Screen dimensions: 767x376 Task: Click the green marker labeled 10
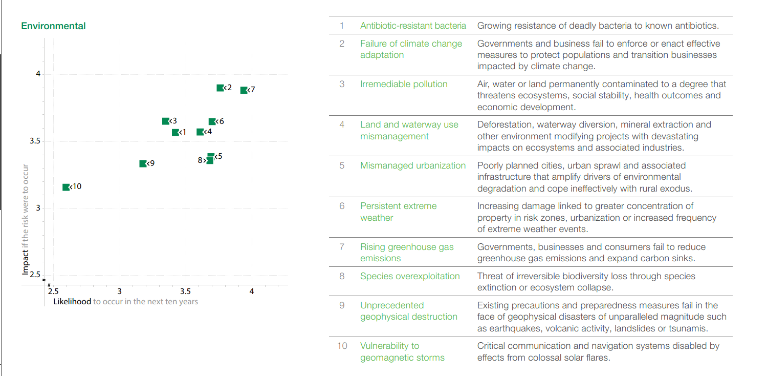65,187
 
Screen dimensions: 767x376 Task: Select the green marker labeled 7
244,90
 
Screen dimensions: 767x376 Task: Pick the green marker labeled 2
220,88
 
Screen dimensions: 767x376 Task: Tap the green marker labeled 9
143,164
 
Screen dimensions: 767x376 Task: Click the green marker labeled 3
165,121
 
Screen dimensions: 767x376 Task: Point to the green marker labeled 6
212,122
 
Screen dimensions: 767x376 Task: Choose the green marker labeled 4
200,132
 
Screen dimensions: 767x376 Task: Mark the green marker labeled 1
175,132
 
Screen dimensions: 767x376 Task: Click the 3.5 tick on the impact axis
35,141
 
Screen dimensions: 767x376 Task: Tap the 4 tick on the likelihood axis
252,291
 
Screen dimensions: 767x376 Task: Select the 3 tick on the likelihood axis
120,291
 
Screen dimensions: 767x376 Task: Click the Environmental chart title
53,26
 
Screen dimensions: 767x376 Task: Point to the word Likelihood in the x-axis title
72,302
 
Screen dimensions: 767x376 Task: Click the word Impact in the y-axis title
26,263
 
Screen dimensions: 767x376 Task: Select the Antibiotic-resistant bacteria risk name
413,26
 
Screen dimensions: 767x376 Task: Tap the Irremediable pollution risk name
404,85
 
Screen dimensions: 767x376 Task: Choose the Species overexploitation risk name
410,276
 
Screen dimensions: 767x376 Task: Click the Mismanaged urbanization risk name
413,165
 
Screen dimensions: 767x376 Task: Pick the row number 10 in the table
342,346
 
